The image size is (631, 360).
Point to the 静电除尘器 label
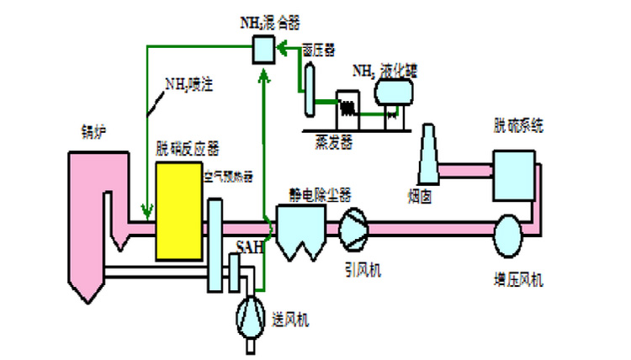click(314, 194)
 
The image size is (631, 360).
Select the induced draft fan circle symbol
click(353, 228)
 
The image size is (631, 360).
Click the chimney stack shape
click(429, 156)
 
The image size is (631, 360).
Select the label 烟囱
click(421, 197)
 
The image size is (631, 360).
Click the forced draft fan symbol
click(251, 315)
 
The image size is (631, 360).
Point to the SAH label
click(248, 248)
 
